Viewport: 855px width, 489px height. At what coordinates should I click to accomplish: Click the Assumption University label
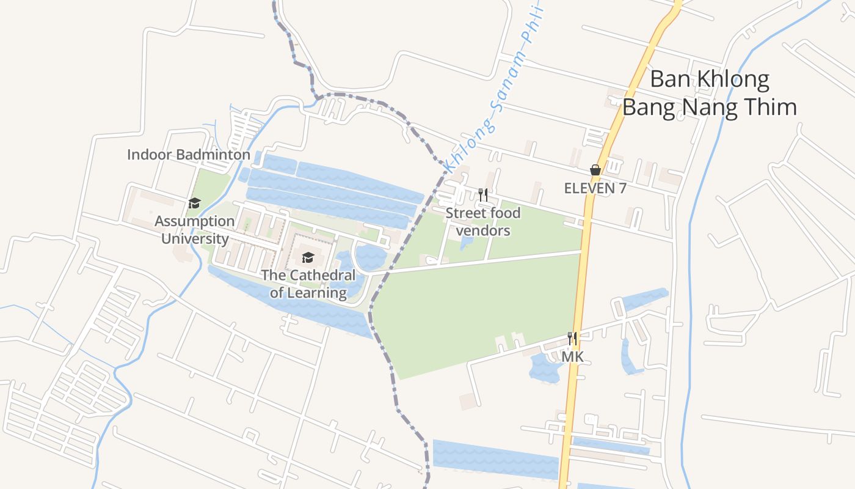tap(194, 229)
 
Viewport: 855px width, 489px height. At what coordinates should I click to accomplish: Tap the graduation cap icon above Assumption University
tap(194, 203)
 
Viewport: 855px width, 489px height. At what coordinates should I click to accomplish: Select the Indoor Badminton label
tap(188, 155)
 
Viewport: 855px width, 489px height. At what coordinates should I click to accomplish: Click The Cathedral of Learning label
tap(308, 284)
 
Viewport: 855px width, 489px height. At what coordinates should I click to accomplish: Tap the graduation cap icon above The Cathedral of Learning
tap(308, 257)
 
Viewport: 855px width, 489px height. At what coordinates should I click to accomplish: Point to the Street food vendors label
tap(482, 221)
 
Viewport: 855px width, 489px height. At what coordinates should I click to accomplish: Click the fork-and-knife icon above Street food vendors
tap(483, 195)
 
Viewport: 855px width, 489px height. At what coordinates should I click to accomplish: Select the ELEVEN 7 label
tap(595, 188)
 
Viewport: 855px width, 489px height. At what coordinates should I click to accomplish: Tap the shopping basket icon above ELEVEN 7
tap(595, 170)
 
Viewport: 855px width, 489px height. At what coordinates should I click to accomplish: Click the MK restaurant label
tap(572, 356)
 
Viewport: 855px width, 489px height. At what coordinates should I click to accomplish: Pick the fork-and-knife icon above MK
tap(572, 338)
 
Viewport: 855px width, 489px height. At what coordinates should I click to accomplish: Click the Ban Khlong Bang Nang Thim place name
tap(709, 93)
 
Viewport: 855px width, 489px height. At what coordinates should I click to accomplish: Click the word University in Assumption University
tap(194, 238)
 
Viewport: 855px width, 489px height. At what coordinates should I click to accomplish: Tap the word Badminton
tap(213, 155)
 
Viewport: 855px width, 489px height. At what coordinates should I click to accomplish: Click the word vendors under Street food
tap(482, 230)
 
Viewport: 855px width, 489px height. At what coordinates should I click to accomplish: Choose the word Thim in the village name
tap(771, 107)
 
